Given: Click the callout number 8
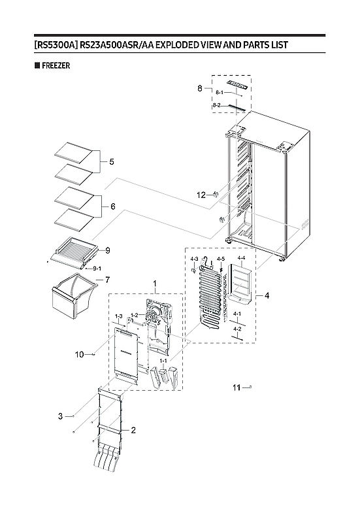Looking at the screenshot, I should (x=201, y=88).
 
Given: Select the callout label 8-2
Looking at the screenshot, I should (x=216, y=105).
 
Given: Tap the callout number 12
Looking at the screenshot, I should (x=201, y=195).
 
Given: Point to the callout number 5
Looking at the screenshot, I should (x=111, y=161).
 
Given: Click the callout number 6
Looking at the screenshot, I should (x=112, y=206).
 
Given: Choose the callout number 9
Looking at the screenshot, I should (x=107, y=250).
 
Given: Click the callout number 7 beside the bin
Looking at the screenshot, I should (x=107, y=280).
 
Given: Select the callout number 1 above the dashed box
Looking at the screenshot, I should (x=154, y=284).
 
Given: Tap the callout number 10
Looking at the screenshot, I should (x=78, y=355).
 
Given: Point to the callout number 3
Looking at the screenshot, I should (x=60, y=416).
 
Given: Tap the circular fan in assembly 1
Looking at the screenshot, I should (x=155, y=319).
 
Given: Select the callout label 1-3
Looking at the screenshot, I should (x=118, y=316).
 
